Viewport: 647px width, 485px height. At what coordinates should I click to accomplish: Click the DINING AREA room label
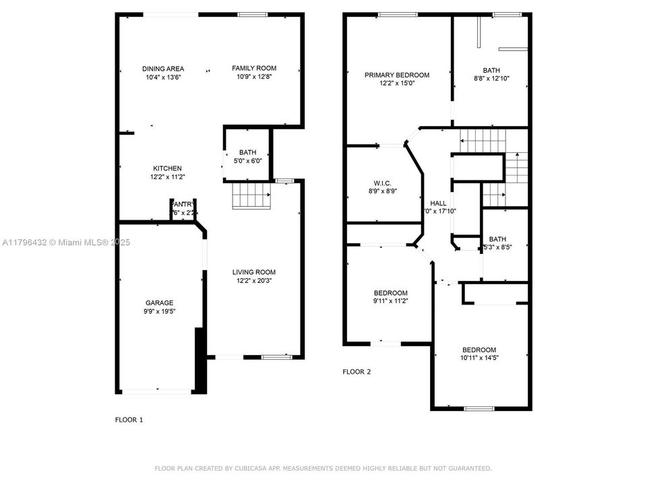(x=163, y=69)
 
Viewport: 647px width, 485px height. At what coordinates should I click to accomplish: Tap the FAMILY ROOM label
(x=254, y=68)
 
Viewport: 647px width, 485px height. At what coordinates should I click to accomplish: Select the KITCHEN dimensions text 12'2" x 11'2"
(x=166, y=177)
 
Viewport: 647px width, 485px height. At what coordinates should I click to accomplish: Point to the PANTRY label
(x=183, y=204)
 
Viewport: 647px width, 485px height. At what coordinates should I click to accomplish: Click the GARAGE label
(x=160, y=303)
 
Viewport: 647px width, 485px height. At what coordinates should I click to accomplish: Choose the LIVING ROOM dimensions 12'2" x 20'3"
(x=254, y=281)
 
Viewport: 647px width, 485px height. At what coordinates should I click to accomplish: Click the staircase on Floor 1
(x=251, y=196)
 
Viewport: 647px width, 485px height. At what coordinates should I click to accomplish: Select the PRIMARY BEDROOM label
(x=397, y=75)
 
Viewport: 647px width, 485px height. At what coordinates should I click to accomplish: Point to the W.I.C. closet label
(x=383, y=183)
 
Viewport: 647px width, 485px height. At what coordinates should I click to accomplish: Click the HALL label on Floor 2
(x=438, y=203)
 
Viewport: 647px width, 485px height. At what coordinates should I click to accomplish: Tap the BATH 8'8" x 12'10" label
(x=491, y=70)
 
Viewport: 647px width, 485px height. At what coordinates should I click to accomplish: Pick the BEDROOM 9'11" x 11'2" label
(x=391, y=293)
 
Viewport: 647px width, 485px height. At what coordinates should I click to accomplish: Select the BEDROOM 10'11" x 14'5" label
(x=479, y=350)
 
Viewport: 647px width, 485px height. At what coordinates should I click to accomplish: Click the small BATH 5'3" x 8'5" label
(x=497, y=239)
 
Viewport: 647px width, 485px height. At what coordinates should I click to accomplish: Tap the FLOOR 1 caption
(x=129, y=420)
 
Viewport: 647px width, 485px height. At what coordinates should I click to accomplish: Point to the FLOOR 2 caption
(x=357, y=372)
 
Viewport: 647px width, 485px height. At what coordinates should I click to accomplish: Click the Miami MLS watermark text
(x=86, y=243)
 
